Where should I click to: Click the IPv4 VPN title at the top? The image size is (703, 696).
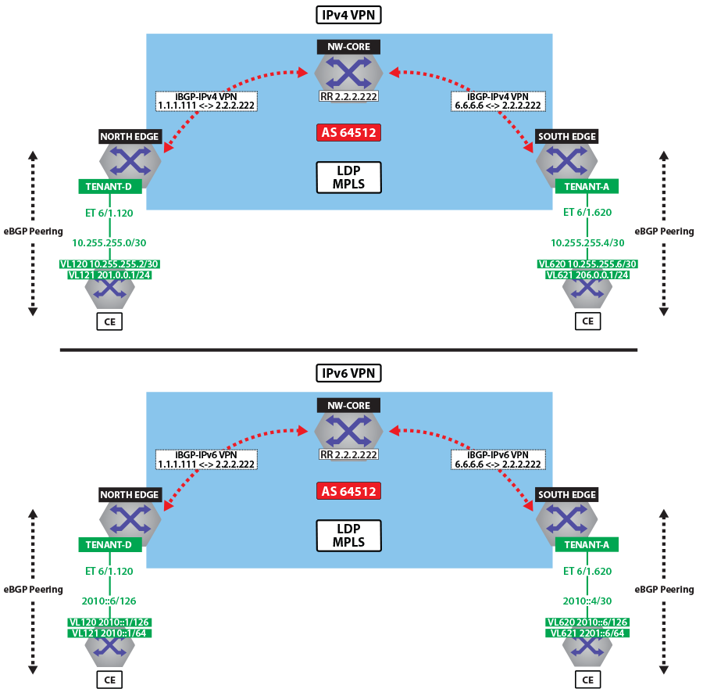(349, 15)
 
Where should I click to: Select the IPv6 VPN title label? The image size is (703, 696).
(349, 373)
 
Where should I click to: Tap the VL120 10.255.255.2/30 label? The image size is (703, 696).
(109, 264)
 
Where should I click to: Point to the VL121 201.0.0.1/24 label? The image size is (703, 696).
(109, 275)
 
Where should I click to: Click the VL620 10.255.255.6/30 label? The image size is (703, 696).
(587, 264)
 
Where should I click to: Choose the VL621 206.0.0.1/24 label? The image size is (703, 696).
(587, 275)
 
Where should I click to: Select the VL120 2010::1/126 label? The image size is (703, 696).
(109, 622)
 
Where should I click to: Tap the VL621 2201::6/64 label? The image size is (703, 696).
(587, 633)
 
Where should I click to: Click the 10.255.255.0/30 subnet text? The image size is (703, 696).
(109, 242)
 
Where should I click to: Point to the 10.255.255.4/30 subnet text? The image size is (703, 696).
(587, 242)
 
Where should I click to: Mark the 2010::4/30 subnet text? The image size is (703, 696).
(587, 601)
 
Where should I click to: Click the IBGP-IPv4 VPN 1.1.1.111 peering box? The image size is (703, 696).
(206, 99)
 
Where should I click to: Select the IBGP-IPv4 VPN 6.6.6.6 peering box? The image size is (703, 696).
(498, 99)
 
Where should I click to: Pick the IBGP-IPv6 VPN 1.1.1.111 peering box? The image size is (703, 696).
(206, 459)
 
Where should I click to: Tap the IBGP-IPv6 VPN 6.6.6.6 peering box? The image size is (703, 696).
(498, 459)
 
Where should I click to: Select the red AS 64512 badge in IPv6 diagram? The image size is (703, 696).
(348, 491)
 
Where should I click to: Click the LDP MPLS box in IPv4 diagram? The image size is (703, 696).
(348, 178)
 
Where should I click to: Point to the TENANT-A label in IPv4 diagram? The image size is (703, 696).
(587, 186)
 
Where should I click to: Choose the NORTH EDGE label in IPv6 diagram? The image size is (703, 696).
(130, 494)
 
